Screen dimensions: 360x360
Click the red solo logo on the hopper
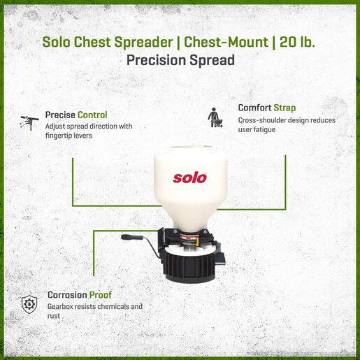click(x=189, y=178)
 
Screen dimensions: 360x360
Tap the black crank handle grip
click(x=132, y=237)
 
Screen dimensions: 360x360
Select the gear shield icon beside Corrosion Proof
click(x=29, y=304)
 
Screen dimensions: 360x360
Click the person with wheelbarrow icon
click(x=215, y=117)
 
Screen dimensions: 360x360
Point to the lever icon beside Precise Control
click(x=29, y=122)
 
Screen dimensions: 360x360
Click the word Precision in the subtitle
click(x=156, y=60)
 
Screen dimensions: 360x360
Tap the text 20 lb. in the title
click(x=297, y=42)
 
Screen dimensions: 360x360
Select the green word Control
click(x=92, y=115)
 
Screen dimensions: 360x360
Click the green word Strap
click(x=285, y=108)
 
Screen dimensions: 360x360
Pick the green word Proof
click(x=101, y=295)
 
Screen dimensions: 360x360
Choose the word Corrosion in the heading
click(x=67, y=295)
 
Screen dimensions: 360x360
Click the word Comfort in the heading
click(x=254, y=108)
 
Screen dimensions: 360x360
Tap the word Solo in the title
click(x=56, y=42)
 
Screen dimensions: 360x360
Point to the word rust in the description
click(x=54, y=316)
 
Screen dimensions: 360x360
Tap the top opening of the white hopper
click(x=190, y=148)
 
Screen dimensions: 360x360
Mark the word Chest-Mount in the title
click(x=226, y=42)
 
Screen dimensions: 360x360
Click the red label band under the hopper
click(x=189, y=238)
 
